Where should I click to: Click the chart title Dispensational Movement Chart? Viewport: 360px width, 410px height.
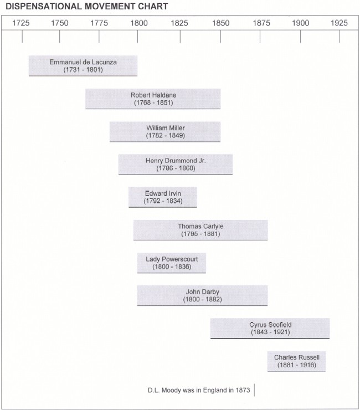pyautogui.click(x=87, y=6)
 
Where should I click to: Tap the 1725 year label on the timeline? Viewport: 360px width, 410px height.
pyautogui.click(x=21, y=23)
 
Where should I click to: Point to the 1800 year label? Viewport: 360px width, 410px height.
pyautogui.click(x=139, y=23)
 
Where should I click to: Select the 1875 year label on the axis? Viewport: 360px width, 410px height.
pyautogui.click(x=261, y=23)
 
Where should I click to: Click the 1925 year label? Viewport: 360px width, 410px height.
pyautogui.click(x=339, y=23)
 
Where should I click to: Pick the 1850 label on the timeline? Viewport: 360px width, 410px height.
pyautogui.click(x=220, y=23)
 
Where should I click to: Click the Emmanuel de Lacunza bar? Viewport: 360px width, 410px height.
pyautogui.click(x=83, y=66)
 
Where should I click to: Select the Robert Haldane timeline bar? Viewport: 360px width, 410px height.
pyautogui.click(x=153, y=99)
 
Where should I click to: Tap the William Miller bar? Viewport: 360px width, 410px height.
pyautogui.click(x=165, y=132)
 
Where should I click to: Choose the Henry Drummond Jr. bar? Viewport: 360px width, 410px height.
pyautogui.click(x=176, y=164)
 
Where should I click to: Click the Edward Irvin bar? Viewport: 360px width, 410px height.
pyautogui.click(x=163, y=197)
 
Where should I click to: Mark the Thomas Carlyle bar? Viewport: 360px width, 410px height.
pyautogui.click(x=200, y=230)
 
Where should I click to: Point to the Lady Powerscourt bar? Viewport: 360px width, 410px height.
pyautogui.click(x=172, y=263)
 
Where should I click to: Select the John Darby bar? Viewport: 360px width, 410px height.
pyautogui.click(x=202, y=295)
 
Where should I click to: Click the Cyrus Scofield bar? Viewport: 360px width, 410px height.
pyautogui.click(x=270, y=329)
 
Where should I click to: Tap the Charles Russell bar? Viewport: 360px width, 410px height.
pyautogui.click(x=296, y=361)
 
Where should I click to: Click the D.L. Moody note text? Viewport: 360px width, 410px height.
pyautogui.click(x=199, y=390)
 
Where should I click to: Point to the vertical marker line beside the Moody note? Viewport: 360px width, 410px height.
pyautogui.click(x=254, y=390)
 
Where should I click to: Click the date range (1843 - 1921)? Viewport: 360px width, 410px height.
pyautogui.click(x=270, y=332)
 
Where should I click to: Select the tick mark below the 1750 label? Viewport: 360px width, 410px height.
pyautogui.click(x=60, y=37)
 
